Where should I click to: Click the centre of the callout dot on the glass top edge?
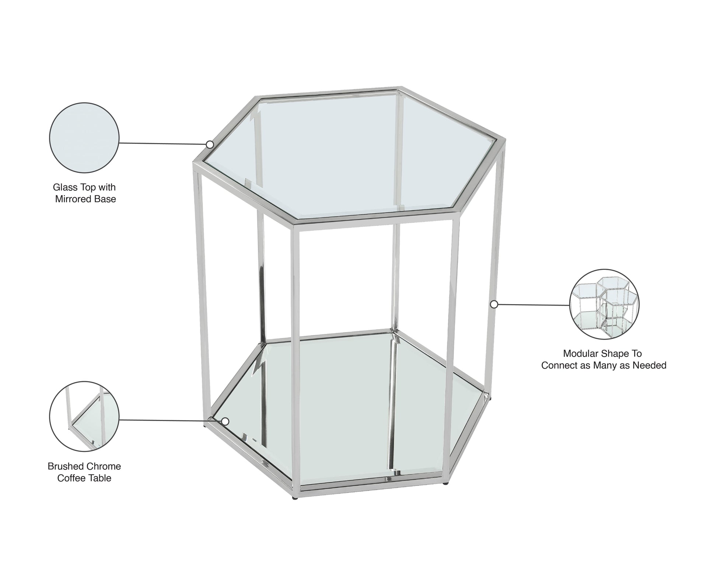tap(210, 144)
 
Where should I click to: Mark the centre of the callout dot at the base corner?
tap(225, 421)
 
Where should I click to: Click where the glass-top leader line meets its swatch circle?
tap(119, 143)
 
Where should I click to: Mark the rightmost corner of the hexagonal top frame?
tap(504, 145)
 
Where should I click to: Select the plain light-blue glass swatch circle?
tap(84, 138)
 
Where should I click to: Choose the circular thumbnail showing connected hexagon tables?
tap(604, 304)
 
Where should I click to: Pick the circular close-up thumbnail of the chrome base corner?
tap(84, 417)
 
